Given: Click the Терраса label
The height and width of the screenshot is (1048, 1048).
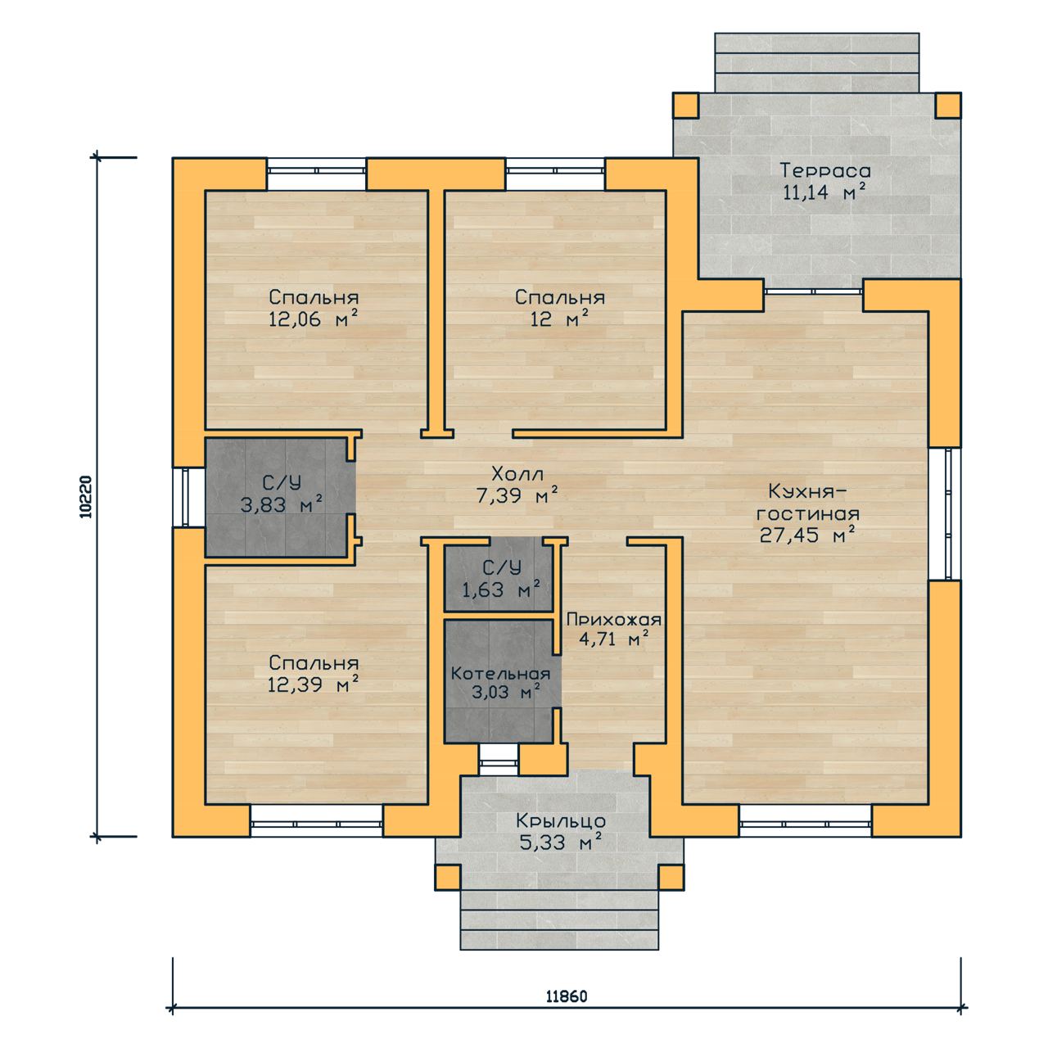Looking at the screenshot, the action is [x=825, y=171].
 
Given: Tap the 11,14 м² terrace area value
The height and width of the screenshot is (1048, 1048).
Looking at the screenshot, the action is [x=824, y=192].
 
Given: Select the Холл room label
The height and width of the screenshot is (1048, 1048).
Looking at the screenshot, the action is [x=517, y=474].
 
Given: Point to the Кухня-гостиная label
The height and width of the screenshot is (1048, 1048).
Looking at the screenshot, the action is [x=807, y=503].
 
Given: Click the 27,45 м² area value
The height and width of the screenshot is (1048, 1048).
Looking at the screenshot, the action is [x=807, y=535].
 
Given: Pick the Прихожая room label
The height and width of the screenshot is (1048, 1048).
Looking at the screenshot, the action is [x=614, y=620].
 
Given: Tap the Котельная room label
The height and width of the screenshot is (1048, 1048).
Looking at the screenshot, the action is [x=500, y=674].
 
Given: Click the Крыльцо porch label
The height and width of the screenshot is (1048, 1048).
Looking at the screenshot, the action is [x=561, y=820].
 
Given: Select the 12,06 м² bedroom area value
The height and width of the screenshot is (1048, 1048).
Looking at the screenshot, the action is [x=314, y=318].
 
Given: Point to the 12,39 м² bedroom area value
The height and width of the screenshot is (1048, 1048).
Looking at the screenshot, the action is [x=314, y=684].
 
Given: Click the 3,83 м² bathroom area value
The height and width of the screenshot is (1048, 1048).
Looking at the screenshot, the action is [x=281, y=504].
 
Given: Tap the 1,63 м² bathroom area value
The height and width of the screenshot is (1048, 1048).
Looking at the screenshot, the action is [x=501, y=589].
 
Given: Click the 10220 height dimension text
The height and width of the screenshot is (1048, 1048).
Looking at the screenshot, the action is [x=86, y=496].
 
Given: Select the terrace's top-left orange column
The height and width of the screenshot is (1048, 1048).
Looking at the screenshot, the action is [x=686, y=106].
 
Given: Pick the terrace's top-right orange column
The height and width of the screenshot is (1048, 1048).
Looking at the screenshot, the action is [x=948, y=106].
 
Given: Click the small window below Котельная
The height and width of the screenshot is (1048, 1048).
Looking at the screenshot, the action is [x=498, y=759].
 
